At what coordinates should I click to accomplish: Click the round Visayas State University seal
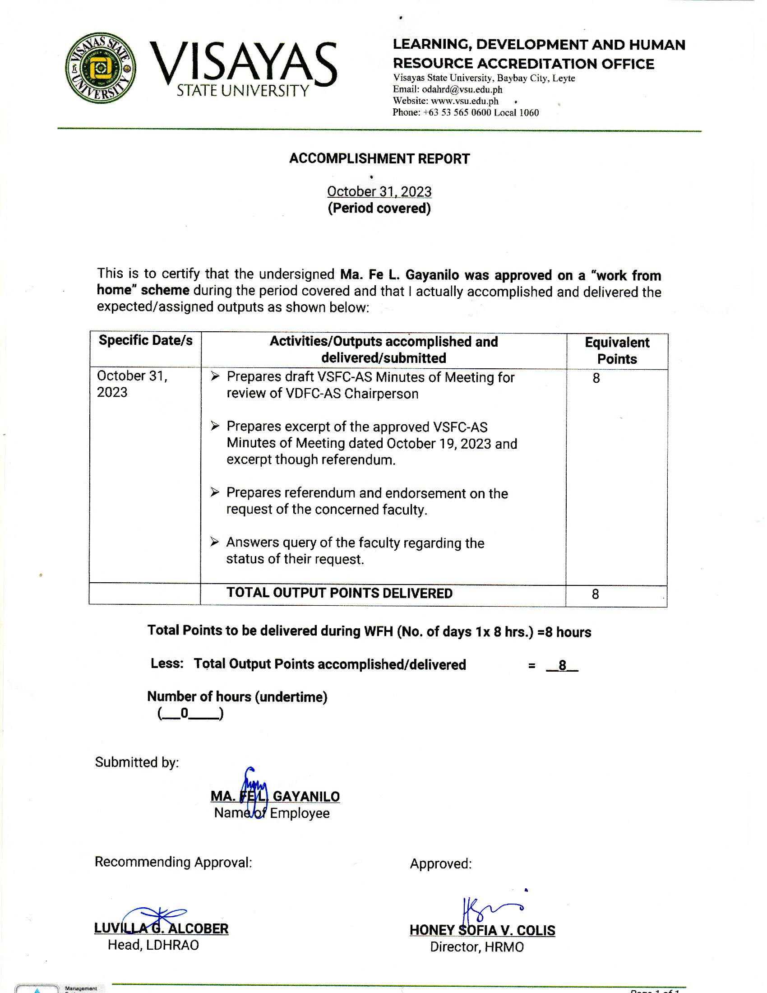(x=101, y=68)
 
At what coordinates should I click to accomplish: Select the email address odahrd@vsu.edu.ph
(x=462, y=89)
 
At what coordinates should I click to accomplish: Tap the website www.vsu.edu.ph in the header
(x=464, y=101)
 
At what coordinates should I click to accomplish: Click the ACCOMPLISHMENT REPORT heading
(x=379, y=159)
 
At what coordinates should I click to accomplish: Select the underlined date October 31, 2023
(x=379, y=191)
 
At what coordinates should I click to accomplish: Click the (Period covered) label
(x=379, y=208)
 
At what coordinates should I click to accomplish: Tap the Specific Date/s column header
(x=145, y=340)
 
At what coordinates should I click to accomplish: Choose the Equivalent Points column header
(x=617, y=351)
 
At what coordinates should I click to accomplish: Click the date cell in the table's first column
(x=132, y=384)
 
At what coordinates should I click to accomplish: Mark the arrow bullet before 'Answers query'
(x=215, y=542)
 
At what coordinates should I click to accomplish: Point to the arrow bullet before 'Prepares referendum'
(x=215, y=492)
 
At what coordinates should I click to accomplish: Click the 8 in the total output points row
(x=595, y=594)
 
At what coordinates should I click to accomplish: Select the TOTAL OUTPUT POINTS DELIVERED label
(x=339, y=593)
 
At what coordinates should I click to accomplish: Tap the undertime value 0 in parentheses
(x=185, y=713)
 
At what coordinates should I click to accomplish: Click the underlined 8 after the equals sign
(x=562, y=665)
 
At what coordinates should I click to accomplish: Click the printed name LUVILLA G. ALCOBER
(x=162, y=928)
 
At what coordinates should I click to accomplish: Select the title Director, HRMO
(x=476, y=947)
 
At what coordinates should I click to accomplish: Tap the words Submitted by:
(x=137, y=762)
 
